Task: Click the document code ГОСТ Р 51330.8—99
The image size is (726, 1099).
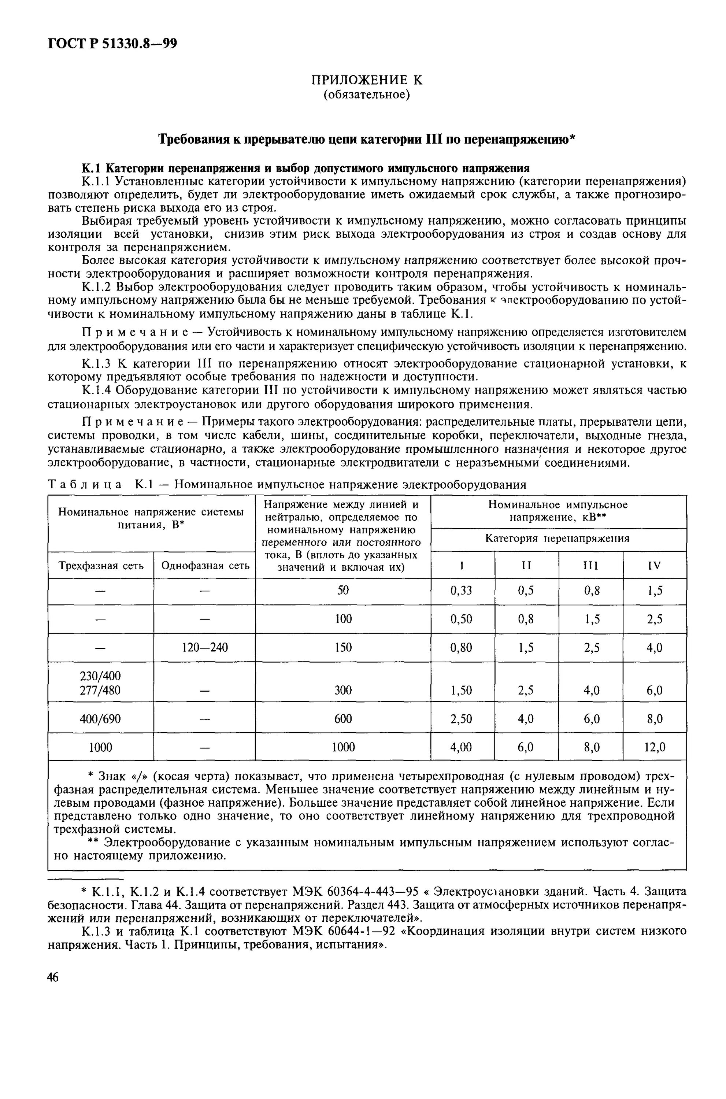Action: point(112,44)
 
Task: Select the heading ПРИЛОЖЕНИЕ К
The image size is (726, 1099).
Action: point(366,80)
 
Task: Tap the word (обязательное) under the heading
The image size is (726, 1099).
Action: point(366,95)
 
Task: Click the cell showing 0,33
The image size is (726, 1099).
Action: point(462,590)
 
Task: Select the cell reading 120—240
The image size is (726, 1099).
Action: point(205,647)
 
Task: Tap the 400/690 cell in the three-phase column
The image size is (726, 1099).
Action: point(100,718)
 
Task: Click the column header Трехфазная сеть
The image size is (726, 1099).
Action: point(100,566)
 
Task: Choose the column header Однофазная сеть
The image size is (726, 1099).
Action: point(205,566)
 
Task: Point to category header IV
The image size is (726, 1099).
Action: point(654,565)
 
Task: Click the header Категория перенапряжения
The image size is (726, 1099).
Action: point(558,539)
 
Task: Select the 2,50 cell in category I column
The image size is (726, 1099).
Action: point(462,718)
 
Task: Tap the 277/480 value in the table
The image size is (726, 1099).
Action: point(100,690)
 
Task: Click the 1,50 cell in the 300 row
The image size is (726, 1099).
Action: point(462,690)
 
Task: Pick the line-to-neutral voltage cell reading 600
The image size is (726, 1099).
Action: point(343,718)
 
